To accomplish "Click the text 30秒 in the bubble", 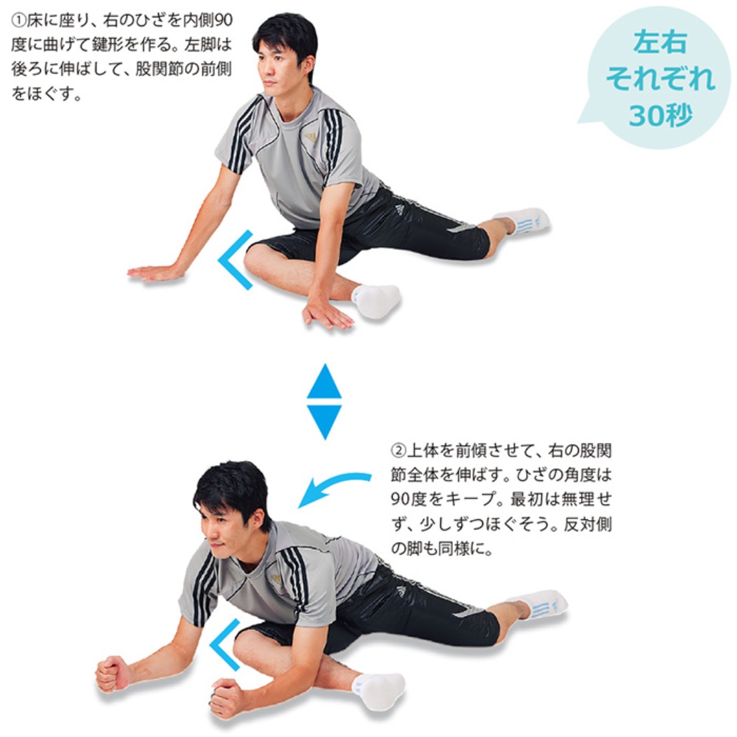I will click(x=660, y=116).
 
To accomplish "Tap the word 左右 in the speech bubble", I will click(x=660, y=43).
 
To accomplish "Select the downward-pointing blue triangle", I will click(x=324, y=420).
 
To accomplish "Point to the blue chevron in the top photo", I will click(x=234, y=260).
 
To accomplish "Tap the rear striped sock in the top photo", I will click(x=524, y=220).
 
